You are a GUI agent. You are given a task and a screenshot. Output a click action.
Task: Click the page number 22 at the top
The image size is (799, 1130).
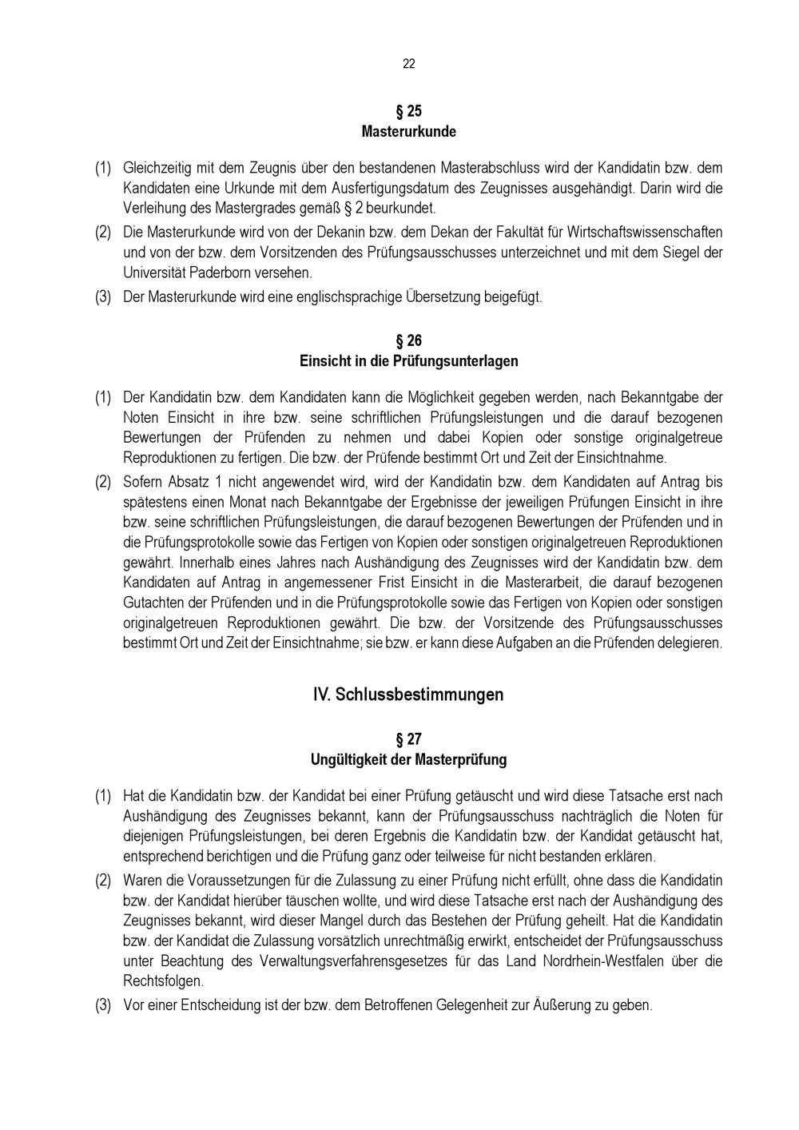[408, 64]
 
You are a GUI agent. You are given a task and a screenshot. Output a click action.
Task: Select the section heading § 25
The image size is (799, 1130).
[408, 111]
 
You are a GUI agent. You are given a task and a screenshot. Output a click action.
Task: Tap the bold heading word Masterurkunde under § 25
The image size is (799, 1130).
[408, 131]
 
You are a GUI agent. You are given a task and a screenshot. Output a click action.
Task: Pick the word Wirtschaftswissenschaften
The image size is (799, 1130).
[645, 233]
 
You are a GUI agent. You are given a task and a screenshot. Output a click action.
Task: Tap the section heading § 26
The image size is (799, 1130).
[408, 341]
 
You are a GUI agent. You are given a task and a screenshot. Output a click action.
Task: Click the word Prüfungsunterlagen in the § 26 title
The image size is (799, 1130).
[455, 361]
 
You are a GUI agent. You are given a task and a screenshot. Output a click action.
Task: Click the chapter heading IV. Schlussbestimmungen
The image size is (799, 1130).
[408, 694]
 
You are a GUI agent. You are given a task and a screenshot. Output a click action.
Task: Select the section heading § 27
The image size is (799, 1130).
[408, 739]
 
